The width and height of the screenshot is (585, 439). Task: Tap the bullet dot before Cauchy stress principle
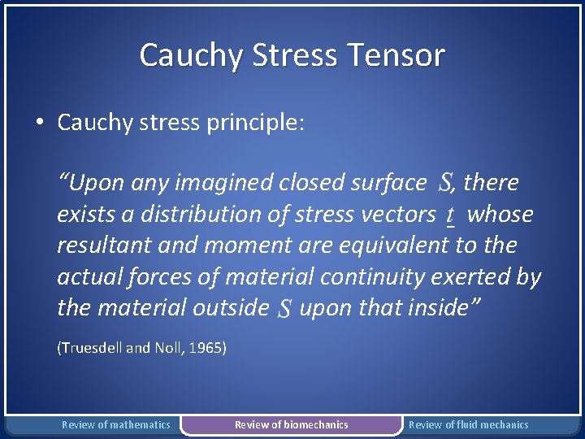point(39,123)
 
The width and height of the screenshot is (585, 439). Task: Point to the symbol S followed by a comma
point(446,182)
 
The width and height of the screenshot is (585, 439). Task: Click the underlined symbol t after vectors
point(450,215)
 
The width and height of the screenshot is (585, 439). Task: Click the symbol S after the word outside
point(284,308)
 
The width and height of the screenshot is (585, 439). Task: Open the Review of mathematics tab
point(116,424)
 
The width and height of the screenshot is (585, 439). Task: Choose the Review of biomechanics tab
point(291,424)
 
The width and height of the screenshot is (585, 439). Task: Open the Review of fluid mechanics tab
point(468,424)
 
